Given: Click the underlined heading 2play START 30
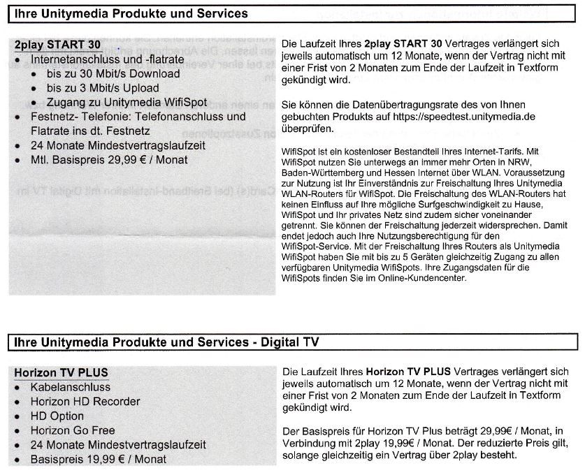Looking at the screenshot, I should pyautogui.click(x=58, y=45).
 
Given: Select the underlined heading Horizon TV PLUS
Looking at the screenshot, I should pyautogui.click(x=61, y=372).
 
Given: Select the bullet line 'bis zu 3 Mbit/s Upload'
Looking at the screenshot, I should pyautogui.click(x=103, y=88).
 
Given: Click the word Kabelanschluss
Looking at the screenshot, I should pyautogui.click(x=70, y=387).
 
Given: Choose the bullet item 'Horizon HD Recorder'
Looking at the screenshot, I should pyautogui.click(x=85, y=402).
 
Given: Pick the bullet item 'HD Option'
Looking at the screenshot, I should pyautogui.click(x=57, y=416).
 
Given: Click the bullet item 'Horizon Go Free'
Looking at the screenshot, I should pyautogui.click(x=72, y=430).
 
